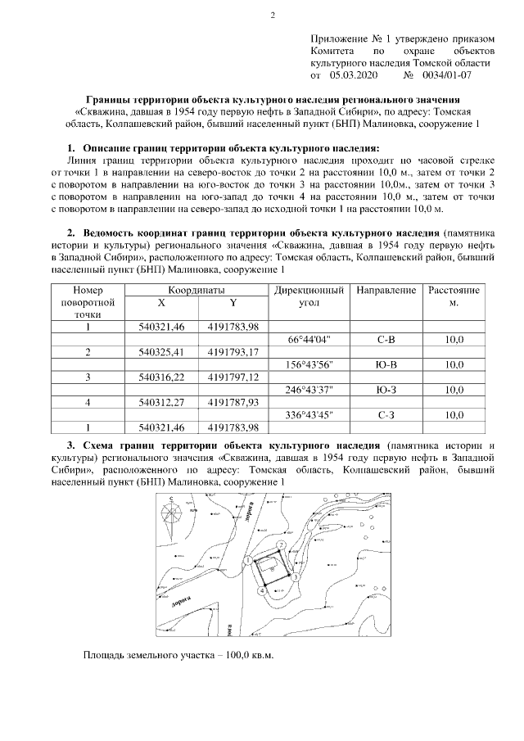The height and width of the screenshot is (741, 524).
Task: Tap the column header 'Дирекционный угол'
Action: point(309,296)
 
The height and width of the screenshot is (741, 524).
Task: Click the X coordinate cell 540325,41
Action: point(161,352)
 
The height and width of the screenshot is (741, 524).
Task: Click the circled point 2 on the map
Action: point(280,544)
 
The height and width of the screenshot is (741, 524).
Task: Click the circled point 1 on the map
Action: point(246,559)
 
